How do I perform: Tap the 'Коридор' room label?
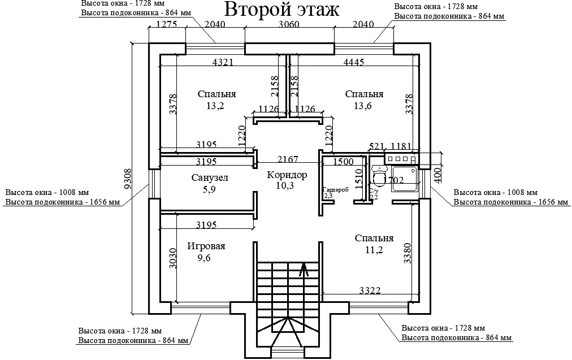(287, 175)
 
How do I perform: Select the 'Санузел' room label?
(209, 178)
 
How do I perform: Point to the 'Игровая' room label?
(206, 246)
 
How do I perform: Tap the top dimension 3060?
(289, 24)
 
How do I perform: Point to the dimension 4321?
(223, 62)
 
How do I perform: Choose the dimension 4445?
(353, 62)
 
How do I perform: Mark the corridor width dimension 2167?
(287, 160)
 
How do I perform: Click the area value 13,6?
(364, 106)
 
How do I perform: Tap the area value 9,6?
(203, 258)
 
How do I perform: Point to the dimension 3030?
(172, 260)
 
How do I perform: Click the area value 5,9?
(209, 190)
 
